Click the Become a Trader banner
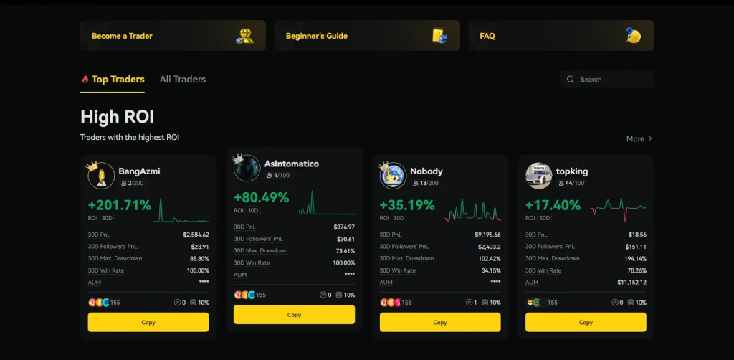173,36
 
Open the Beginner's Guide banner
366,36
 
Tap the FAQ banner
561,36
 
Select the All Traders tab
182,80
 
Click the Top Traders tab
118,80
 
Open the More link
639,138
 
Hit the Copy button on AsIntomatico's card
294,315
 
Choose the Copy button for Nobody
440,323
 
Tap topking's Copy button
586,323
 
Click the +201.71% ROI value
120,205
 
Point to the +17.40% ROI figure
553,205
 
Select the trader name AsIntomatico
292,164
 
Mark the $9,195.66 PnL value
487,235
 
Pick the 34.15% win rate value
491,270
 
